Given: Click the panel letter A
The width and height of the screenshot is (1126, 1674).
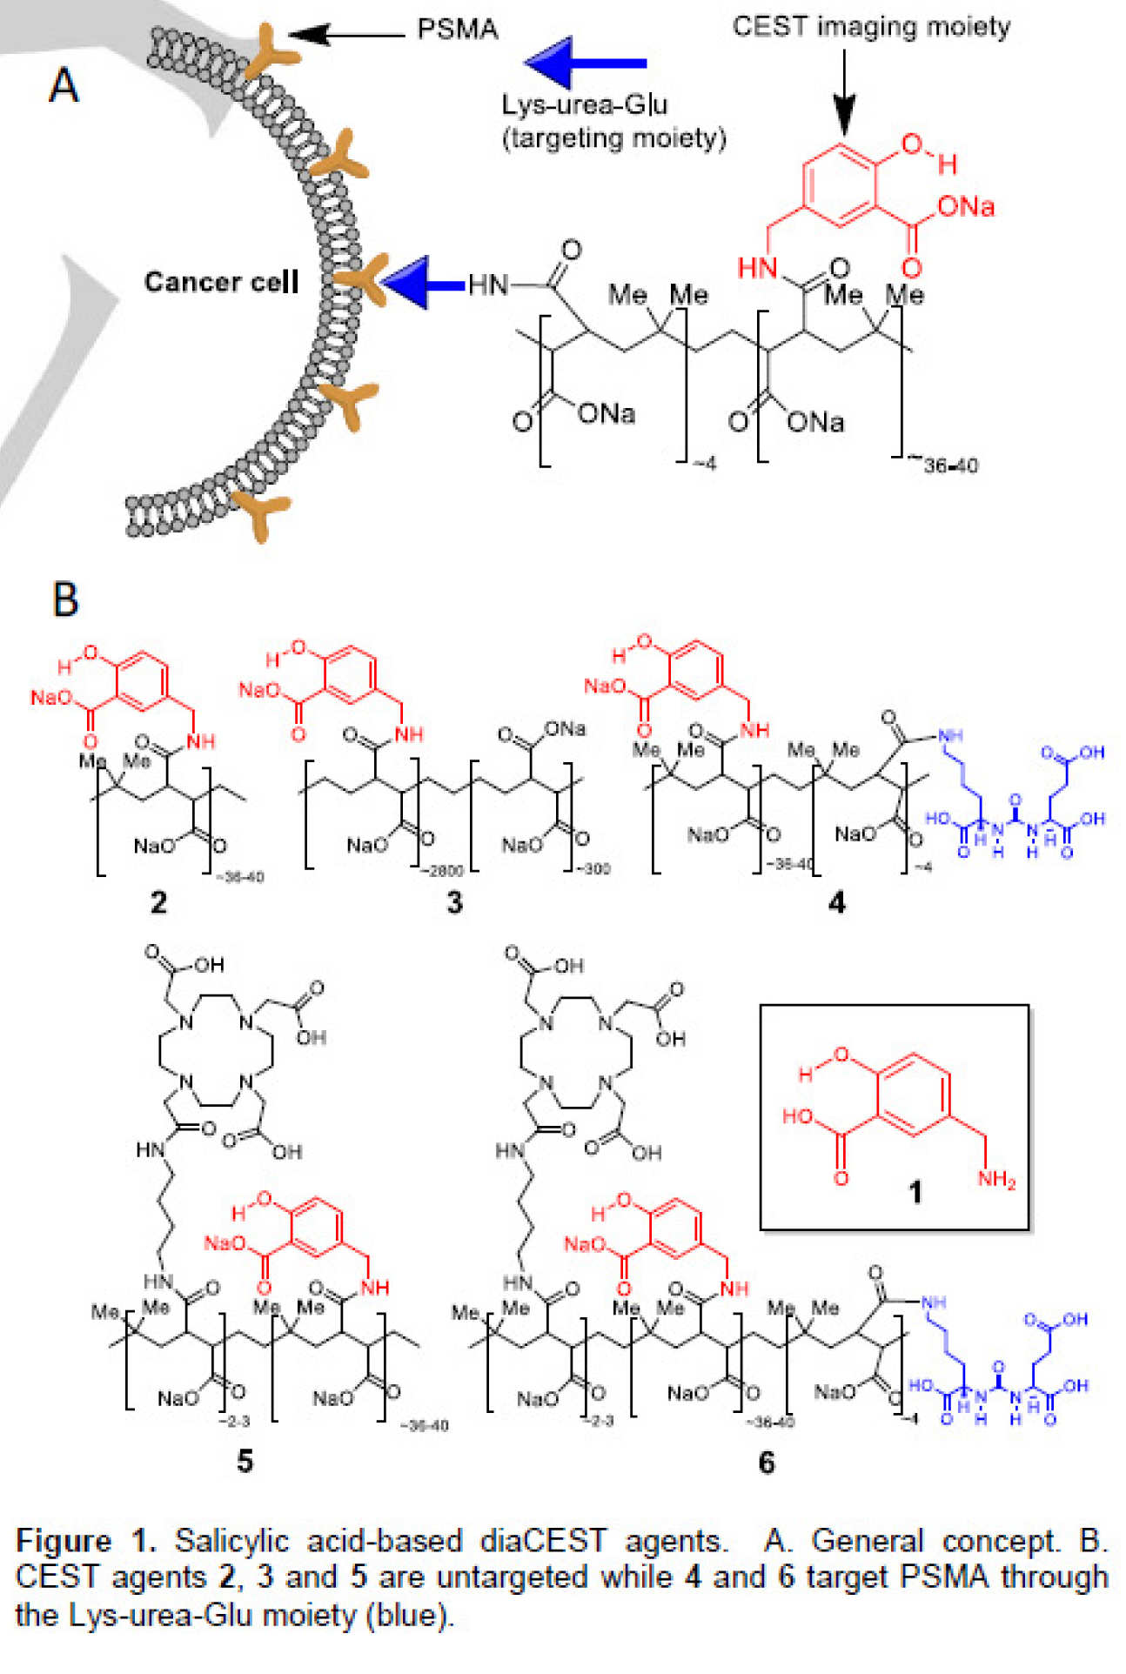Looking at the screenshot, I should [x=64, y=86].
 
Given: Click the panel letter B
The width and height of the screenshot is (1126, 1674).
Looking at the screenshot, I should [x=65, y=599].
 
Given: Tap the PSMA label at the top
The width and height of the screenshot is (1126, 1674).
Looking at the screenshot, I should [x=457, y=30].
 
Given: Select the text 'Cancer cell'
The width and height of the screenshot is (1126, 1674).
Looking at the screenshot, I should [x=221, y=282].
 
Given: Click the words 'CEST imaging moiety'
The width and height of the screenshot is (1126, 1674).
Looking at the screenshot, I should [x=871, y=27].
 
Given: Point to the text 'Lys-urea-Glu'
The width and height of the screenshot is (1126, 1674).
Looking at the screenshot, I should [x=584, y=105].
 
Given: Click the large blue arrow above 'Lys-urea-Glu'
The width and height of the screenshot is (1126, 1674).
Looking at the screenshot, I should [x=586, y=63].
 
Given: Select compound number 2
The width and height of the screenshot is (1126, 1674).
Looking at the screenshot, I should [x=158, y=902].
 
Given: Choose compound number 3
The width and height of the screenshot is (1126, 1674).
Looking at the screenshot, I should [x=454, y=902].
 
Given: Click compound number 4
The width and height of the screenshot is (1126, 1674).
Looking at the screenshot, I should [x=836, y=902].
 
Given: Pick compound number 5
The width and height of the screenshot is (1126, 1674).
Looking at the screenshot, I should [x=245, y=1461].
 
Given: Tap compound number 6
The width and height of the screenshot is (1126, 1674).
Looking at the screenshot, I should [x=766, y=1462].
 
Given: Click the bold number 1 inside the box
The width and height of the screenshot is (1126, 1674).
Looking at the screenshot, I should [x=915, y=1192].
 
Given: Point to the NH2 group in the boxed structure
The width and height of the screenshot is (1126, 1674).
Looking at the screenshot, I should [x=996, y=1179].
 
